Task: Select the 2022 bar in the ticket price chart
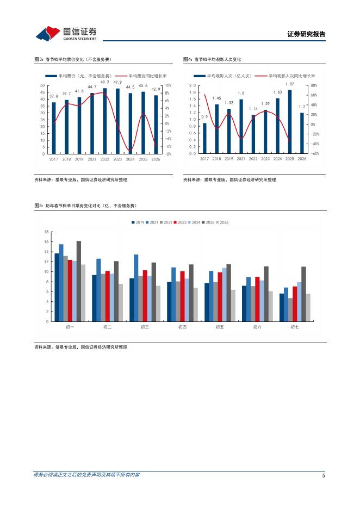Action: coord(105,121)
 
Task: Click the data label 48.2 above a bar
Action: coord(105,82)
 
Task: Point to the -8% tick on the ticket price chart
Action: coord(169,154)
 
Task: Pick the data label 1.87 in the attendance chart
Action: coord(290,84)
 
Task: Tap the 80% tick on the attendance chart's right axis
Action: coord(315,86)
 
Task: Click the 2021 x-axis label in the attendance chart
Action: coord(241,159)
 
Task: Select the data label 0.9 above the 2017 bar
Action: coord(204,117)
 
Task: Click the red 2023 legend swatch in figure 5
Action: coord(175,222)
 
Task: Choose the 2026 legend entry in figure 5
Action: coord(221,222)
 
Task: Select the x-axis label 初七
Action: coord(295,327)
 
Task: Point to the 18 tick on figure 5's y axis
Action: coord(46,232)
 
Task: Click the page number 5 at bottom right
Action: coord(324,476)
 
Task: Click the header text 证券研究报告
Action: coord(306,34)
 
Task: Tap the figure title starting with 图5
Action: coord(85,206)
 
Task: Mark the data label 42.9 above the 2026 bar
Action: coord(156,90)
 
